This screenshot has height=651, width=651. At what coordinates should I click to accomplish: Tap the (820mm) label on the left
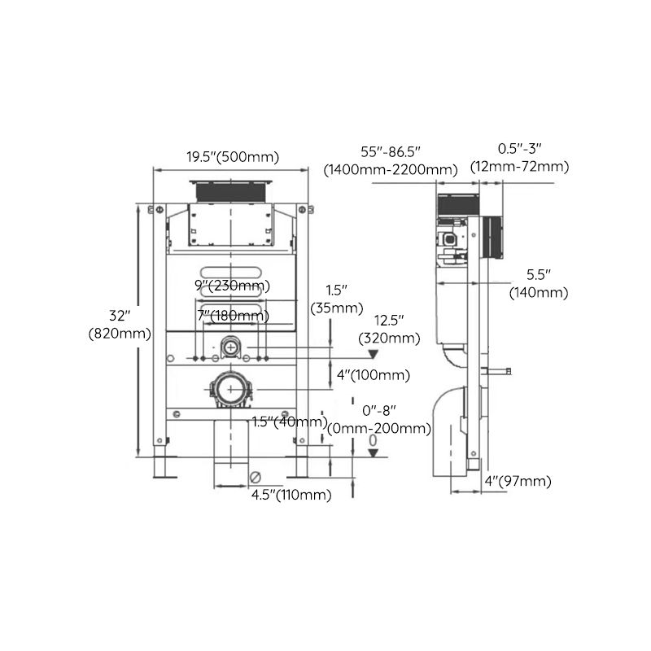click(120, 333)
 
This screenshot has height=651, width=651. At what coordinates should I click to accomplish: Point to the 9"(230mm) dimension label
click(232, 286)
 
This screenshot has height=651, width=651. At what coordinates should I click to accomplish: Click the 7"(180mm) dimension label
click(232, 315)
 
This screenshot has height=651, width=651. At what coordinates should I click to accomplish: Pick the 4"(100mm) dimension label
click(373, 375)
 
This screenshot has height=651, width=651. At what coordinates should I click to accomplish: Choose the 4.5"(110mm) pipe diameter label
click(291, 495)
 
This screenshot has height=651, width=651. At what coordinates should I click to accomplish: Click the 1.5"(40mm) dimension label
click(289, 422)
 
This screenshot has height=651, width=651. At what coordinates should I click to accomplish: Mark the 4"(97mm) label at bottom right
click(518, 482)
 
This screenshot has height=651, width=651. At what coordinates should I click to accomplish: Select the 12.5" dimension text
click(391, 320)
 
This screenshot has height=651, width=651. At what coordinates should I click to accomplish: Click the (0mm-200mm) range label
click(378, 429)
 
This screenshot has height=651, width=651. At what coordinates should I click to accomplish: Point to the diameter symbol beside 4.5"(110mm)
click(256, 478)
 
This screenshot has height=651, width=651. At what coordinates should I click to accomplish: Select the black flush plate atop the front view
click(232, 190)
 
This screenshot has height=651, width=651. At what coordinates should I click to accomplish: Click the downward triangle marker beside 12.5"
click(374, 356)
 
